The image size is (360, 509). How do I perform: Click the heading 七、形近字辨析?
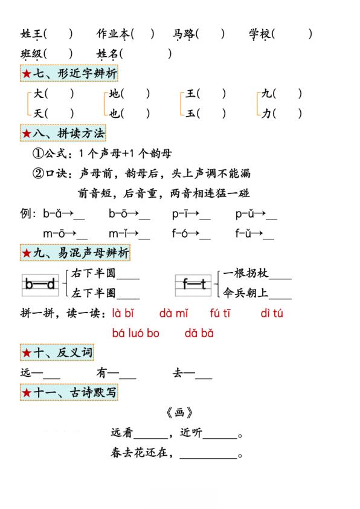pos(69,74)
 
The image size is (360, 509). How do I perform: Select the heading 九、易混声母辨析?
pos(75,253)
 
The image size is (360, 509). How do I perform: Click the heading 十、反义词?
pos(57,352)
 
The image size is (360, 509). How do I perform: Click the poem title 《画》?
pos(179,413)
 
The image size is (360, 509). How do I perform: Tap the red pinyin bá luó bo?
pos(136,333)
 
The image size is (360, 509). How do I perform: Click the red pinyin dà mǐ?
pos(173,313)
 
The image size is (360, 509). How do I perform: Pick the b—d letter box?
pos(40,284)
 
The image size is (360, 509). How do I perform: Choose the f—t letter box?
pos(194,284)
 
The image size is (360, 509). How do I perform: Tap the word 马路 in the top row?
pos(184,34)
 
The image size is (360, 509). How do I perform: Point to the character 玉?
pos(190,113)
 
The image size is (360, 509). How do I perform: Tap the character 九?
pos(266,94)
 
